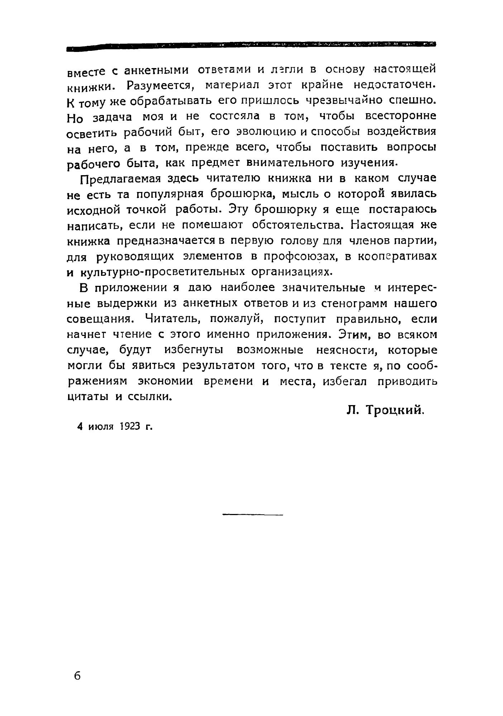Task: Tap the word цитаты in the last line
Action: [x=88, y=397]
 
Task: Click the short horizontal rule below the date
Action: [x=253, y=515]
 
